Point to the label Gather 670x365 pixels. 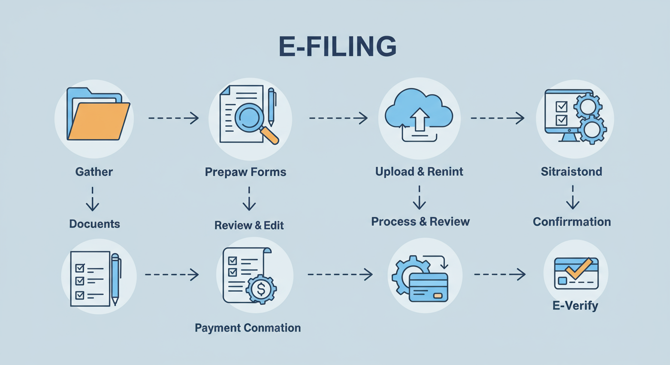tap(94, 172)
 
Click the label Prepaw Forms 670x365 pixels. tap(246, 172)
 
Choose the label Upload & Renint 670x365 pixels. tap(419, 172)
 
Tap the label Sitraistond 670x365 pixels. tap(571, 172)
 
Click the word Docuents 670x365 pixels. tap(94, 224)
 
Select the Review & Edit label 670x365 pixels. tap(249, 225)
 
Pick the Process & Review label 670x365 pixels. tap(420, 221)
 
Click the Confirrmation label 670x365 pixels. tap(571, 222)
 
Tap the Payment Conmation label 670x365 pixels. tap(247, 328)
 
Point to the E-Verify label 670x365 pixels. tap(575, 306)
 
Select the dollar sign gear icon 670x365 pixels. tap(261, 288)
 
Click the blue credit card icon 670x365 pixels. tap(428, 287)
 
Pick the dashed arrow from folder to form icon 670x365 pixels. tap(173, 117)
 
